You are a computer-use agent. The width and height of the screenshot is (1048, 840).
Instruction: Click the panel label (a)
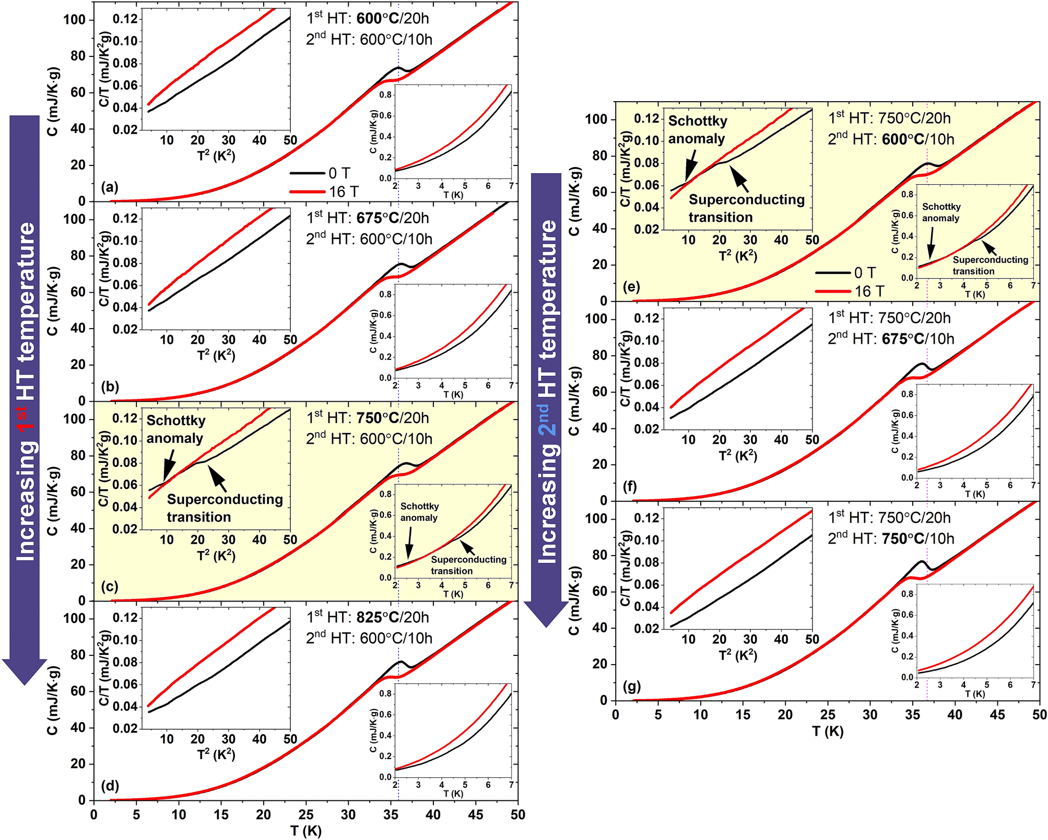[110, 187]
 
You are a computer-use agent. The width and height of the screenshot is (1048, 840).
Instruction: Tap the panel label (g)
[631, 686]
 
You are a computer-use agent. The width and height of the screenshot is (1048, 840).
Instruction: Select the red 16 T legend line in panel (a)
[308, 192]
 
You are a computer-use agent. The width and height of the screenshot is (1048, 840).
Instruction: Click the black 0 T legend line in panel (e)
[833, 273]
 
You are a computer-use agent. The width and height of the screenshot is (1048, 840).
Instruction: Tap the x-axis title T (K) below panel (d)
[305, 831]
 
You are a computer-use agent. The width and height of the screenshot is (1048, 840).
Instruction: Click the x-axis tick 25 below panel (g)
[828, 715]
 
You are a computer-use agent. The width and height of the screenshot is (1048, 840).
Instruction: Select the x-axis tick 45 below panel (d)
[476, 815]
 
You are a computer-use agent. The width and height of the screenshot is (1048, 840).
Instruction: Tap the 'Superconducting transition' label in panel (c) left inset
[225, 508]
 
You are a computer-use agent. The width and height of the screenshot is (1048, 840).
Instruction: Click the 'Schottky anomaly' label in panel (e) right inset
[941, 212]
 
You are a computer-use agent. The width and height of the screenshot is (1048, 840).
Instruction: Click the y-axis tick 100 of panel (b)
[74, 219]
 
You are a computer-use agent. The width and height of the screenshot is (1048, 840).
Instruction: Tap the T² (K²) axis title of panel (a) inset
[216, 155]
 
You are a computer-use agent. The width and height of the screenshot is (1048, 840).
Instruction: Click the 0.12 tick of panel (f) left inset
[646, 318]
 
